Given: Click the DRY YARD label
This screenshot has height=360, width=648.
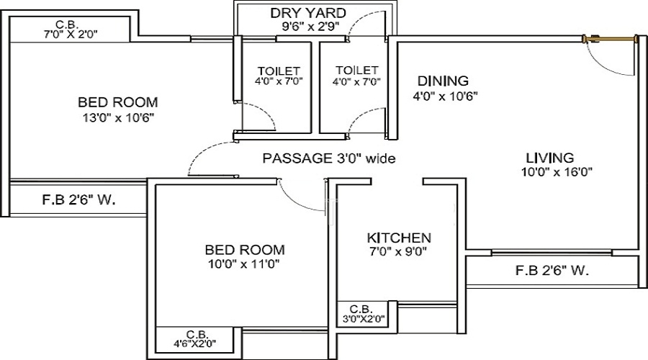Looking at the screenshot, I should (x=307, y=13).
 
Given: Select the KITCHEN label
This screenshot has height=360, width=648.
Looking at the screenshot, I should (x=399, y=238).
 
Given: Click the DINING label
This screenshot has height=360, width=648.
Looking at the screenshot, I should (x=443, y=81).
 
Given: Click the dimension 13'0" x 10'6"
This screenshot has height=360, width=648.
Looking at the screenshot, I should (x=118, y=117).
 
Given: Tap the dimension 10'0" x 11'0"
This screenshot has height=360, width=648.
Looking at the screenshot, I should (x=244, y=264).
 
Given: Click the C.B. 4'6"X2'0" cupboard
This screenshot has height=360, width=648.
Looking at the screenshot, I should (x=197, y=338).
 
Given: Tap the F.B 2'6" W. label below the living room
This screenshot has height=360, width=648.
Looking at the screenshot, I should (x=552, y=271).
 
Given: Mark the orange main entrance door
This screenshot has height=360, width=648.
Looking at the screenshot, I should (x=613, y=37).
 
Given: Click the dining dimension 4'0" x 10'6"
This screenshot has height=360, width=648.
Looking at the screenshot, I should (x=446, y=95).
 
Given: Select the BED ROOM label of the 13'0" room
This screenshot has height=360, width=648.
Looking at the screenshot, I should (x=118, y=102).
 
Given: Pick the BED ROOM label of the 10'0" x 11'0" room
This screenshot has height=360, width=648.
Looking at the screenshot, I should (x=245, y=250).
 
